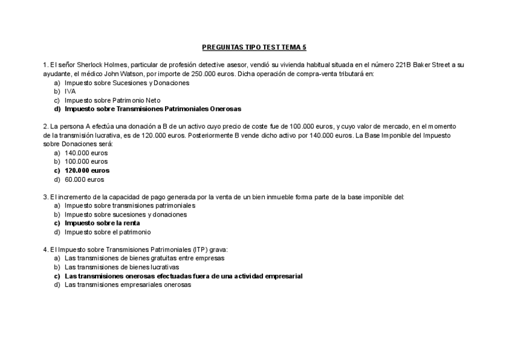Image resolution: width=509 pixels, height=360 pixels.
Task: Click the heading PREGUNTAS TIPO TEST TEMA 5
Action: click(x=254, y=47)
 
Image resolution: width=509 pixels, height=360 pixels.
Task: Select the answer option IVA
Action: click(x=70, y=91)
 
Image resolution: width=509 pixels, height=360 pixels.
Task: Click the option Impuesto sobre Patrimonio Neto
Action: click(x=113, y=100)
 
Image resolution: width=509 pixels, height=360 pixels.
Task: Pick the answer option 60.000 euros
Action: click(x=84, y=179)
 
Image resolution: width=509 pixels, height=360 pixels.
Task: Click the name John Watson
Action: click(x=125, y=74)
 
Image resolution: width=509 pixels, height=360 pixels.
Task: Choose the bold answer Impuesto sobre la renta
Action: click(x=102, y=223)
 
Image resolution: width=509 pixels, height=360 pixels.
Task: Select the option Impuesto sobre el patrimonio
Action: click(x=107, y=232)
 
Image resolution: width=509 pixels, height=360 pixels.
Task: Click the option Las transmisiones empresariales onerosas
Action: click(x=128, y=285)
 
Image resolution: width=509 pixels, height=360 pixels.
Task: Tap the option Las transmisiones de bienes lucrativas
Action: click(x=122, y=267)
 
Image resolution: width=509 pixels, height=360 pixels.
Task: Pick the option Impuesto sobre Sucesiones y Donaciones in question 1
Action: click(x=127, y=83)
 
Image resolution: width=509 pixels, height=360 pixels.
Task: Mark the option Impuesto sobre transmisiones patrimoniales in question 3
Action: click(x=130, y=205)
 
